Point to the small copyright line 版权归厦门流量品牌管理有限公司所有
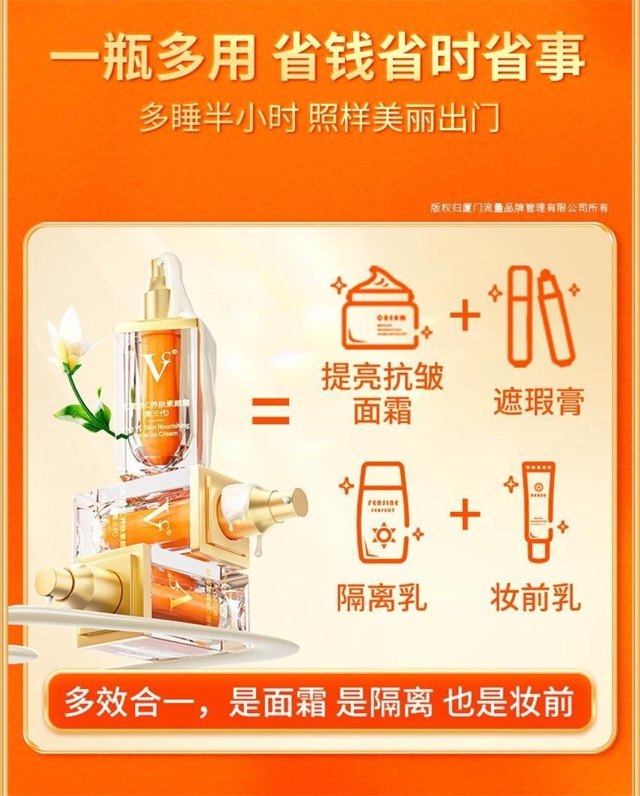[520, 208]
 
